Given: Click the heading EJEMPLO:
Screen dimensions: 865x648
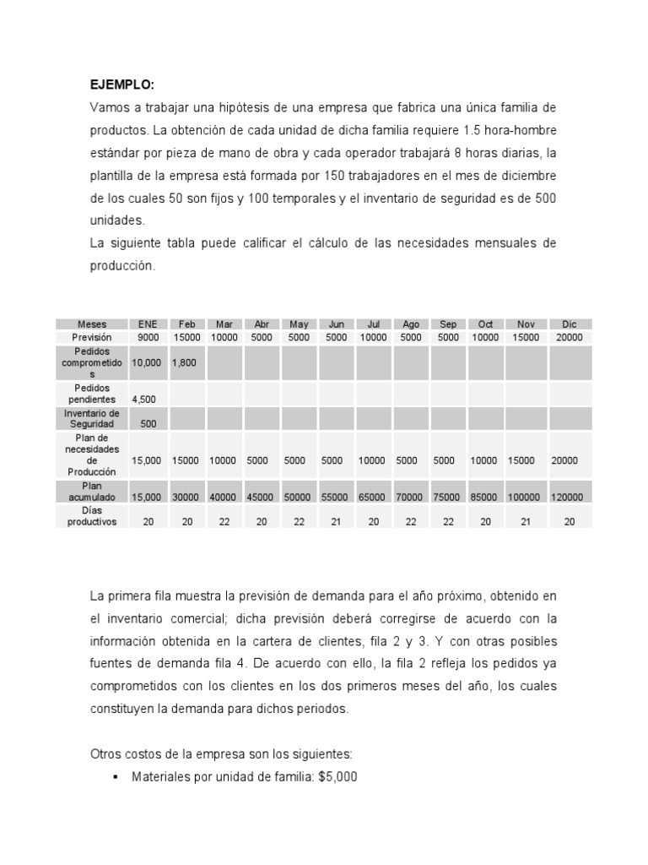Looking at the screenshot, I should point(122,85).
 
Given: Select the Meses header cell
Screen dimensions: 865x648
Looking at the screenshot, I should point(92,324).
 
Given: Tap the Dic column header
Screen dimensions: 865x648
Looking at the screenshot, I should point(570,324).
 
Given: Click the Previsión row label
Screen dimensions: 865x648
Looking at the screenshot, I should point(92,337).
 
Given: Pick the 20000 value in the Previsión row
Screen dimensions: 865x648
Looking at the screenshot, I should point(570,337).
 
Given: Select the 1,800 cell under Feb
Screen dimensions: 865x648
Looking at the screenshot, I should point(185,362).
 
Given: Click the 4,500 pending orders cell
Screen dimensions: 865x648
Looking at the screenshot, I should point(143,399).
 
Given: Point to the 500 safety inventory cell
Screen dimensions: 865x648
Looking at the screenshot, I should point(148,424).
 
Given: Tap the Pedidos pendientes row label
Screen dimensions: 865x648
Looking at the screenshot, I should point(92,393).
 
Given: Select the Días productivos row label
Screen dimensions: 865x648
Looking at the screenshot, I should point(92,516).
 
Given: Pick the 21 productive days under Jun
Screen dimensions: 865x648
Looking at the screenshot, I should point(336,522).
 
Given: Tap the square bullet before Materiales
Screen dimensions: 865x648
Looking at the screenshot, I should point(114,777).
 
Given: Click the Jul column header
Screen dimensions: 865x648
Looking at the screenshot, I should point(374,324).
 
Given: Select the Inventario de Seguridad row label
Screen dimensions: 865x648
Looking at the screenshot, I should point(92,418).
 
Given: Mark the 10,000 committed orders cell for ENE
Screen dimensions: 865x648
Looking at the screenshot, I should point(147,362).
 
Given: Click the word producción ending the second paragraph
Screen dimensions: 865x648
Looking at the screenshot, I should point(122,265).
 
